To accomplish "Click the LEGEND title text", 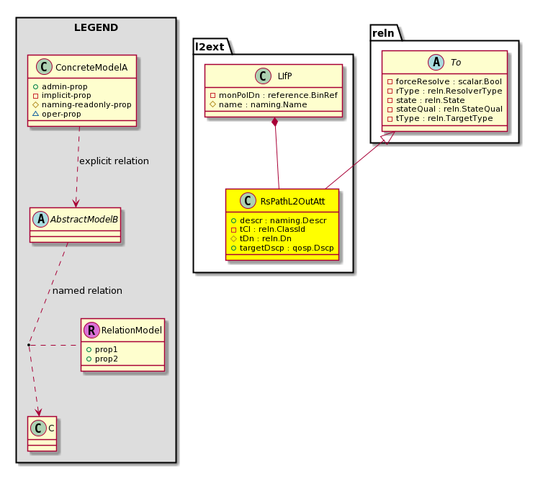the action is [x=96, y=27].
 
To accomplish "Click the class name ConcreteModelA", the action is [x=91, y=68].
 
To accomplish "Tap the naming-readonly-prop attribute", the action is [x=82, y=104].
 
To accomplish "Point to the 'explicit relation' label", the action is [x=114, y=161].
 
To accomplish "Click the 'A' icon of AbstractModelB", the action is [x=40, y=219].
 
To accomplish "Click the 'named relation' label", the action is [x=87, y=290].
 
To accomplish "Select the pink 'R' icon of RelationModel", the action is [x=91, y=330].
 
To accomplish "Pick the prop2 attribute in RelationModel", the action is [x=102, y=359].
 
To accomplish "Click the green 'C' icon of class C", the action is [x=38, y=428].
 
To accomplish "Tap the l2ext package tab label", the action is [x=210, y=47].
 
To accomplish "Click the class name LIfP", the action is [x=284, y=76].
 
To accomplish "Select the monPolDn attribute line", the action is [x=274, y=95].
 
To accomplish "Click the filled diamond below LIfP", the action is [x=274, y=122].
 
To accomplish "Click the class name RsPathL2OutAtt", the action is [x=292, y=201].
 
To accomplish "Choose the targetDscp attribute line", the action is [x=282, y=248].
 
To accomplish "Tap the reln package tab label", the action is [x=383, y=33].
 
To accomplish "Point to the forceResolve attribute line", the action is [x=444, y=81].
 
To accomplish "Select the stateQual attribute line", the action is [x=445, y=109].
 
